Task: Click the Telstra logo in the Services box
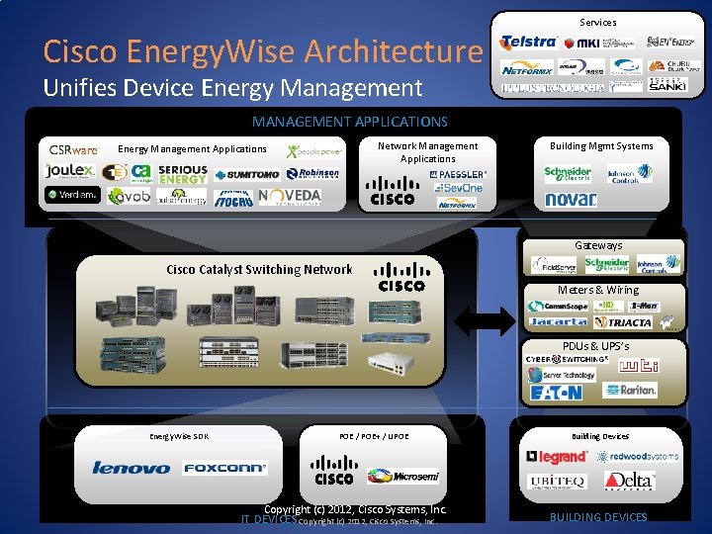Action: pos(530,43)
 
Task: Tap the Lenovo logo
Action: pos(131,468)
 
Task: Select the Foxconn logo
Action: pos(224,468)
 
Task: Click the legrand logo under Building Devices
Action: pos(557,457)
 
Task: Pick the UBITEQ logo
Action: pos(558,481)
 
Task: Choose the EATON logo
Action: pos(556,393)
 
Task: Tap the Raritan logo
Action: pos(630,390)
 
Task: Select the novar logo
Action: pos(571,200)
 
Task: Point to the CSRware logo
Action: pos(74,150)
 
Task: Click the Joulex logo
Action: pos(69,170)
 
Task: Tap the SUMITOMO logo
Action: pos(246,175)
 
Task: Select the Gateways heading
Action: pos(598,245)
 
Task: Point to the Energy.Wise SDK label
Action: pos(178,436)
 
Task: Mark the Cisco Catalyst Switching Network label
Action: pos(259,269)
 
